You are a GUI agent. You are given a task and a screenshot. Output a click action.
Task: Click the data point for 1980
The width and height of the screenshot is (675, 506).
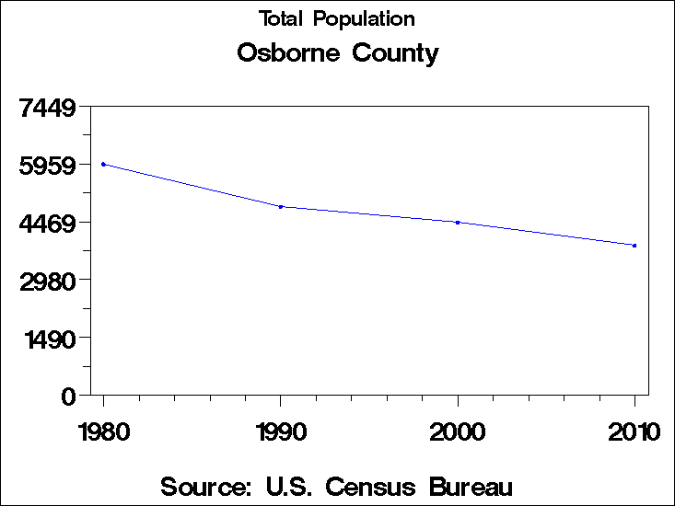tap(103, 164)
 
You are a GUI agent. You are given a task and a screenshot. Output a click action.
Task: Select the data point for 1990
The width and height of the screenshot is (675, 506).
tap(281, 206)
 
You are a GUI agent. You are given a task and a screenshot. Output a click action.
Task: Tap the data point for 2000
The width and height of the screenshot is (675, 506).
tap(458, 222)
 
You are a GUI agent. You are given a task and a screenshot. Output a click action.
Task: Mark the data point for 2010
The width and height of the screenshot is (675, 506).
tap(634, 245)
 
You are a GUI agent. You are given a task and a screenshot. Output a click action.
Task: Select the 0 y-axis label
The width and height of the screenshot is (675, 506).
tap(67, 397)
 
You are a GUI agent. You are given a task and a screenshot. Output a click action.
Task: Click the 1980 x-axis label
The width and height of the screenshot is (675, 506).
tap(103, 431)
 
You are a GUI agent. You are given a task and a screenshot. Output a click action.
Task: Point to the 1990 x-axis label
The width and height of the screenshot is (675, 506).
tap(281, 431)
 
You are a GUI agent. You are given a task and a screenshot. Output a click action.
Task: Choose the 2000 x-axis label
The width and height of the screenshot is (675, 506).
tap(458, 431)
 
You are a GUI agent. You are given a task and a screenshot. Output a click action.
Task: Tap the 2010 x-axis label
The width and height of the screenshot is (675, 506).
tap(634, 431)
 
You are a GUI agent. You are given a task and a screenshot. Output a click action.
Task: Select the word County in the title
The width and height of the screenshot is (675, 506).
tap(395, 54)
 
